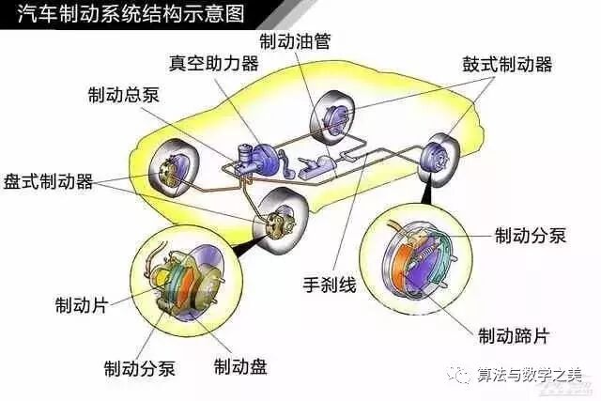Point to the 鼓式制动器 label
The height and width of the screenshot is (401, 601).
click(506, 65)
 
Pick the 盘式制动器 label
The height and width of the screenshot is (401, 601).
click(48, 181)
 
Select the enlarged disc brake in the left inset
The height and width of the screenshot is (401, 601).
click(192, 285)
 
